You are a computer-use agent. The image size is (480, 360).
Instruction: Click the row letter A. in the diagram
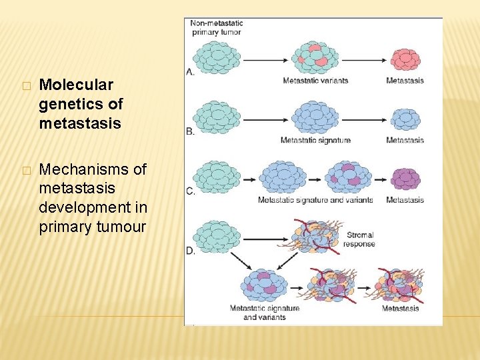(x=191, y=71)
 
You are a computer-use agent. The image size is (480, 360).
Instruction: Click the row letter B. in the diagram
(x=191, y=131)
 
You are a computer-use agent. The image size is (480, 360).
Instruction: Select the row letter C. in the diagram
(x=191, y=192)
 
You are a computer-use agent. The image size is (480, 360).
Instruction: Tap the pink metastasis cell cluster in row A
(x=405, y=59)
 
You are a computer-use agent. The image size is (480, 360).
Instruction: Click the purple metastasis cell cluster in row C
(x=405, y=179)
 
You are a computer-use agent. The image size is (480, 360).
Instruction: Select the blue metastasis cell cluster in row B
(x=405, y=119)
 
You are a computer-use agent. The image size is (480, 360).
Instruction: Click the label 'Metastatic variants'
(x=315, y=81)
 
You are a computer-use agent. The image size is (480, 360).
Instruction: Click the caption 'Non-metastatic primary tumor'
(x=217, y=27)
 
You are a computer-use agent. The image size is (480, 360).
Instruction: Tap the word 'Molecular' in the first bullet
(x=76, y=85)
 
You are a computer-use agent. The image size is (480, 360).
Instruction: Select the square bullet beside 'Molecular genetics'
(x=26, y=86)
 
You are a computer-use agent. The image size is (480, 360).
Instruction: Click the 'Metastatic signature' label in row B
(x=315, y=141)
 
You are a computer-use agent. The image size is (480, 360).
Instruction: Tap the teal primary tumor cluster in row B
(x=216, y=118)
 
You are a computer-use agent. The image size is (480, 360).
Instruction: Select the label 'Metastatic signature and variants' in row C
(x=315, y=200)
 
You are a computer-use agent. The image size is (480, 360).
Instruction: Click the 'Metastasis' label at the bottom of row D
(x=400, y=309)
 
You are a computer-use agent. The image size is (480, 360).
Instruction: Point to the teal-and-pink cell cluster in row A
(x=315, y=57)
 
